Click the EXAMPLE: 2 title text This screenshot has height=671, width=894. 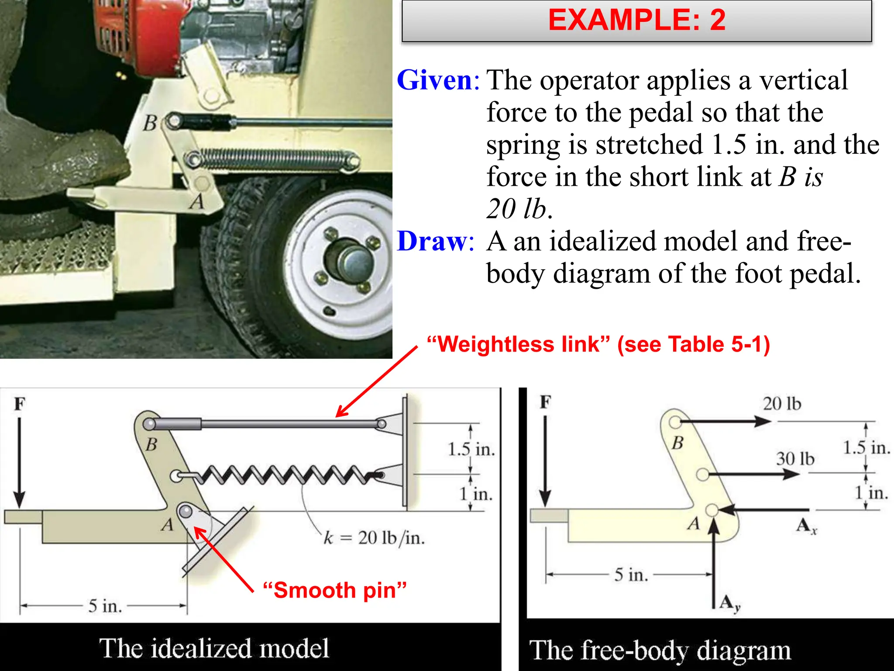(x=636, y=20)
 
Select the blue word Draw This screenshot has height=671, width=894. (x=432, y=241)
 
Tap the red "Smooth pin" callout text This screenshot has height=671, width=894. (x=335, y=591)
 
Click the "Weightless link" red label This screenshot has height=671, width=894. (x=598, y=344)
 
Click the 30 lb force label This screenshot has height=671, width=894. (x=795, y=459)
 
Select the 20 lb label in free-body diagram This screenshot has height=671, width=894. (x=782, y=404)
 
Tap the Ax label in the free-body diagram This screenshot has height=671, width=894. (x=806, y=526)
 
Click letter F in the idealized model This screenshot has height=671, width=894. (x=20, y=404)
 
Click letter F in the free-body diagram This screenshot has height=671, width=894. (x=545, y=402)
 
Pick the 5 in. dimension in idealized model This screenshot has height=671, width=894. (x=105, y=606)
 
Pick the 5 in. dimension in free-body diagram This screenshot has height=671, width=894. (x=631, y=574)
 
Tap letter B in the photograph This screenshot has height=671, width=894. (x=150, y=123)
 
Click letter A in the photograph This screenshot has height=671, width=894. (x=197, y=202)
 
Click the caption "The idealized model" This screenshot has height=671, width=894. (x=214, y=648)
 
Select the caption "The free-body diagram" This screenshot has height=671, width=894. (x=660, y=650)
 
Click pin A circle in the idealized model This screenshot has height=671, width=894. (x=185, y=510)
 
